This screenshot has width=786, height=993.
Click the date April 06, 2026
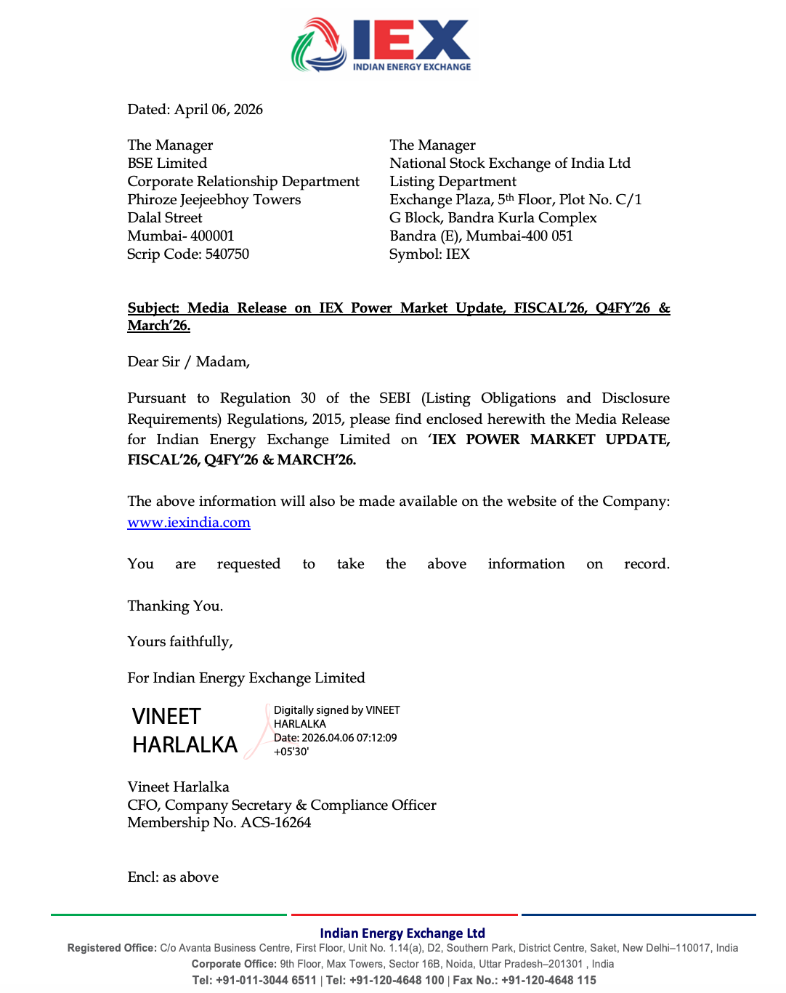pyautogui.click(x=219, y=110)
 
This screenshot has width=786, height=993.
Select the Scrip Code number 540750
pyautogui.click(x=227, y=254)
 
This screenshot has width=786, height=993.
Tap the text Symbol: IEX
pyautogui.click(x=429, y=254)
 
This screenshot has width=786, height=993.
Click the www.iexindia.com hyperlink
pyautogui.click(x=189, y=523)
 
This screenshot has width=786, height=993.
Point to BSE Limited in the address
pyautogui.click(x=167, y=164)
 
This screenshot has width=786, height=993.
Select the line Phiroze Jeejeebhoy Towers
pyautogui.click(x=214, y=200)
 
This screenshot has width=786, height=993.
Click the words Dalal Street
pyautogui.click(x=165, y=218)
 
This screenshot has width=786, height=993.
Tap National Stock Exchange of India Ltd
pyautogui.click(x=509, y=164)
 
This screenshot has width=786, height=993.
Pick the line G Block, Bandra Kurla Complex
pyautogui.click(x=493, y=218)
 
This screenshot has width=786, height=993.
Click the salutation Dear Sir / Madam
pyautogui.click(x=188, y=362)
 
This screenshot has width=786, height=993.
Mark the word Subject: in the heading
pyautogui.click(x=153, y=308)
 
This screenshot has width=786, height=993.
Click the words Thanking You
pyautogui.click(x=175, y=606)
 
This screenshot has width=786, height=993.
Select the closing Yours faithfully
pyautogui.click(x=179, y=642)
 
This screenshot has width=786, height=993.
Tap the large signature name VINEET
pyautogui.click(x=166, y=717)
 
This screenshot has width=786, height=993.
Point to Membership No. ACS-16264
pyautogui.click(x=219, y=823)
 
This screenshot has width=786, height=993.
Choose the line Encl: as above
pyautogui.click(x=173, y=877)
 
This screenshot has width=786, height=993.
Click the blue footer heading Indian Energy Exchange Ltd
pyautogui.click(x=402, y=933)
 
